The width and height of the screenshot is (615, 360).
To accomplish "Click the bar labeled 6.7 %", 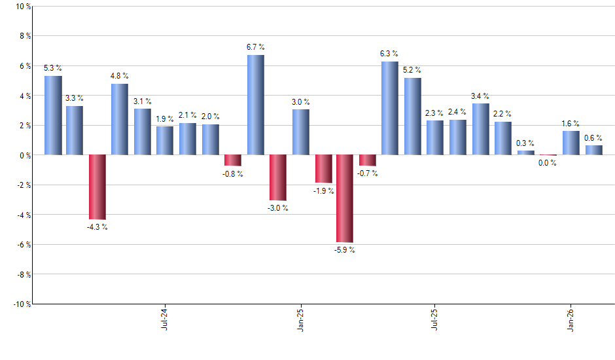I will [x=255, y=105].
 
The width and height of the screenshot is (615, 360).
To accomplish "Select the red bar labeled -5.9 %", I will [x=345, y=198].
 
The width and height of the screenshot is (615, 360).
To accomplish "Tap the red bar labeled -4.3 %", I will [x=97, y=187].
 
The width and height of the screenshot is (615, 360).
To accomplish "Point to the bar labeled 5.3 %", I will [x=53, y=115].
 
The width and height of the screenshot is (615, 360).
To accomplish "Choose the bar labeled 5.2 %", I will [x=412, y=117].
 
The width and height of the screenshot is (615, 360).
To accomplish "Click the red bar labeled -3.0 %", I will [x=278, y=177].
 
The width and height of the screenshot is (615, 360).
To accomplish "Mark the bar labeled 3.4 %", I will [x=480, y=129].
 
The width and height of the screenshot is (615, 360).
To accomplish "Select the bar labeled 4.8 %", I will [x=120, y=119].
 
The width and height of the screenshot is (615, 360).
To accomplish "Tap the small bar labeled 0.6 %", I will [x=593, y=150].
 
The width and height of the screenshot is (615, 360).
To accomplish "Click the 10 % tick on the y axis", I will [x=22, y=7].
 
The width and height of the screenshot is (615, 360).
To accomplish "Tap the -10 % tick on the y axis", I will [x=21, y=304].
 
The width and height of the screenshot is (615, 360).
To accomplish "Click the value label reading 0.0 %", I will [x=548, y=163].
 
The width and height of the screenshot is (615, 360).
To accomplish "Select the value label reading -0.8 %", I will [x=232, y=174].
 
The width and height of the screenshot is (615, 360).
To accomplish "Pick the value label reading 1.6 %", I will [x=571, y=123].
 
